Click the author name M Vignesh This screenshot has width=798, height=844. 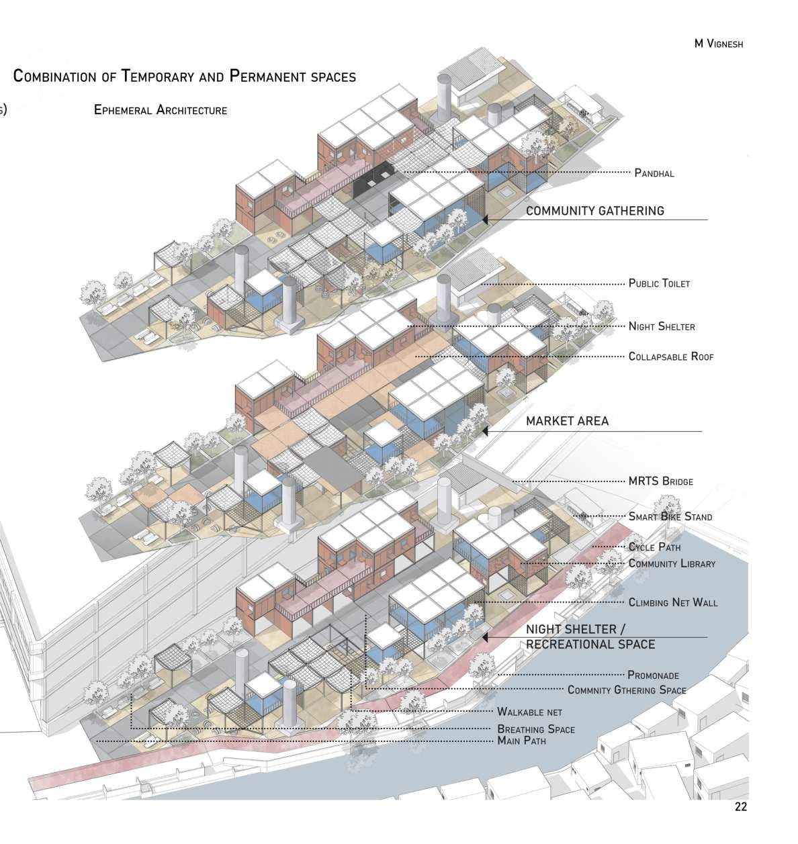(719, 44)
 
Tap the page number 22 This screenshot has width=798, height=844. (740, 807)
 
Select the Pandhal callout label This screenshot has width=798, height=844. (654, 173)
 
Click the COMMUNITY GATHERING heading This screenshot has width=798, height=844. (594, 211)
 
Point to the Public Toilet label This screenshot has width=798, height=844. (659, 283)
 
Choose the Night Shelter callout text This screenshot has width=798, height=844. (662, 326)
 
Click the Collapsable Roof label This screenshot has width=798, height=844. (671, 357)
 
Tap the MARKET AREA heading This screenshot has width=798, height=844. (567, 421)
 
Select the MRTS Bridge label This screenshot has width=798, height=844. (660, 481)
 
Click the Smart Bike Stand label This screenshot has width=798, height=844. (670, 516)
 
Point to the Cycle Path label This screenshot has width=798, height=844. (654, 547)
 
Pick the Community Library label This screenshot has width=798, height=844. (672, 563)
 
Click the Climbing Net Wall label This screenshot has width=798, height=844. (672, 602)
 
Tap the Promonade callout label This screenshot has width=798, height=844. (653, 675)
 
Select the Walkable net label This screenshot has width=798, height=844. (529, 712)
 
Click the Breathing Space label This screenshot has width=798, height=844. (535, 729)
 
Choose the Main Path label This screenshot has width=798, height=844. (521, 741)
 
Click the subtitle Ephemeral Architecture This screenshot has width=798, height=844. (161, 110)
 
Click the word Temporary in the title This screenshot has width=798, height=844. (159, 76)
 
